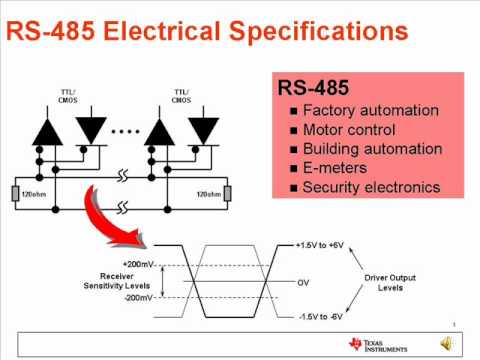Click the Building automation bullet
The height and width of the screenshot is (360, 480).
(372, 148)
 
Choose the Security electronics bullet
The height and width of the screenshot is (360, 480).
(372, 186)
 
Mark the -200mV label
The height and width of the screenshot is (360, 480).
(134, 297)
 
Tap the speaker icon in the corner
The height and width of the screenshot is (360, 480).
(446, 344)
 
